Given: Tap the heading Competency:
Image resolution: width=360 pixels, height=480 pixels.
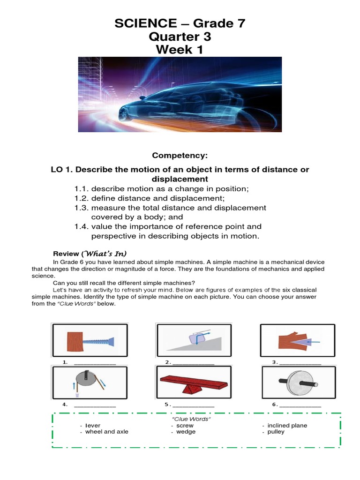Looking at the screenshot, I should coord(180,155).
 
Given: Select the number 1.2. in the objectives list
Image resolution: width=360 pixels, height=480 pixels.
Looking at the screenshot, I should coord(82,198).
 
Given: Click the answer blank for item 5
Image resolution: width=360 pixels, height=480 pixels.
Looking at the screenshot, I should coord(194,405).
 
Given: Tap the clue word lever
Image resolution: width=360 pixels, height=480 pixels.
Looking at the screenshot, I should coord(93,426).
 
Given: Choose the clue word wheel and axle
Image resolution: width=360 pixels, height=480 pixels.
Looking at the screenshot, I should coord(106,432).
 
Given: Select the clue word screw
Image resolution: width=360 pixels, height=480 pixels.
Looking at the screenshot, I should coord(185,426).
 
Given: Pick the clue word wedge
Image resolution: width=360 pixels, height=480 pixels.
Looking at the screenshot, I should coord(186,432).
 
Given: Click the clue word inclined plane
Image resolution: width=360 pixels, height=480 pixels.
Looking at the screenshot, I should coord(287,426).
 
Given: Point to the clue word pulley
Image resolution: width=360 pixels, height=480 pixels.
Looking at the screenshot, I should coord(276,432).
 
